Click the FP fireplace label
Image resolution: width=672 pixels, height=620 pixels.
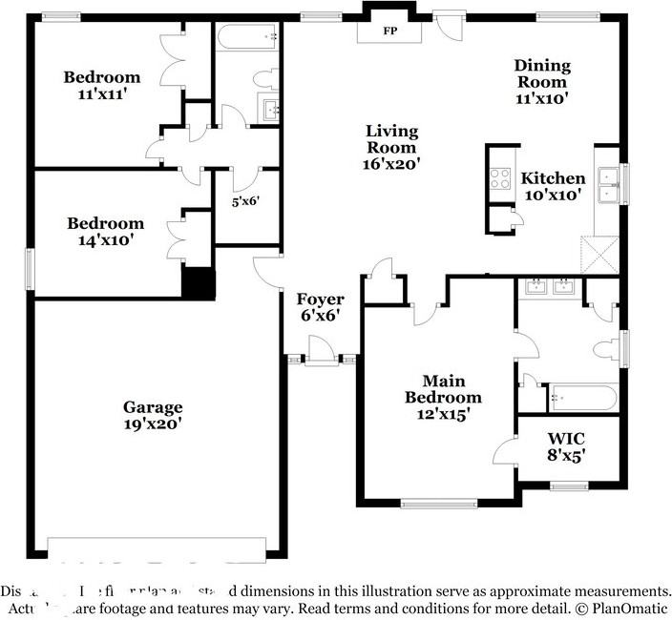(389, 31)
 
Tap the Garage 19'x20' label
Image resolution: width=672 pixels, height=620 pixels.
(152, 414)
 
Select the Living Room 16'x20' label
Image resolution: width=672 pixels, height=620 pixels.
(391, 147)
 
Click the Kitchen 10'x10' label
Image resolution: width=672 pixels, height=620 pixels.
(553, 186)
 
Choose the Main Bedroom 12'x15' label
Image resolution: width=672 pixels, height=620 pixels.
(443, 397)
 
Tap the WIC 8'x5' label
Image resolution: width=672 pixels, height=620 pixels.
(566, 446)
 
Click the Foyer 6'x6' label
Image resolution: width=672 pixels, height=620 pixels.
(319, 306)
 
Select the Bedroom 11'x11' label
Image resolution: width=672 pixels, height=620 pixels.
(102, 85)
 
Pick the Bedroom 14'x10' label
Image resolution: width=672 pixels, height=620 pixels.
(105, 232)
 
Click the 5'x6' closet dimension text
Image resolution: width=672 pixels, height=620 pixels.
(245, 201)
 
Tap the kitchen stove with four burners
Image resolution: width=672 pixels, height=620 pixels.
(500, 179)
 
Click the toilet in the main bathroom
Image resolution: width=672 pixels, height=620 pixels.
(606, 348)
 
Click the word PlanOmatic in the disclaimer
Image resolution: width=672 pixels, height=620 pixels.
(628, 608)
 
